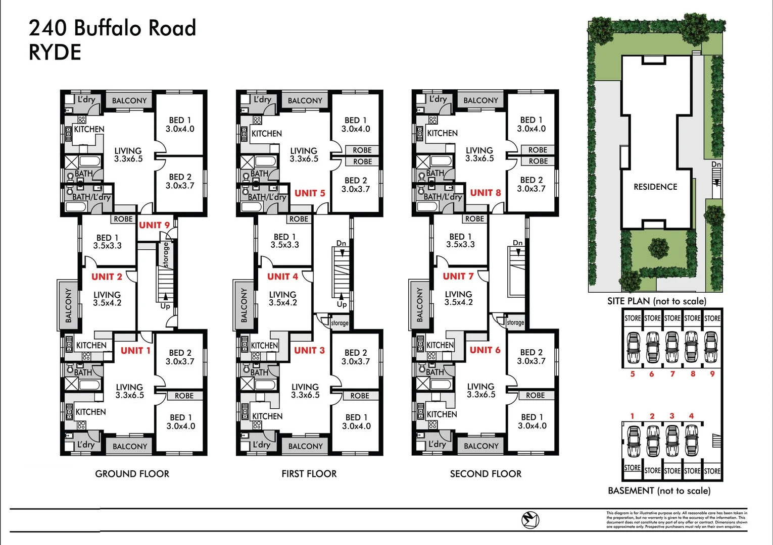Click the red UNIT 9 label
[154, 225]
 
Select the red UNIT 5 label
[310, 193]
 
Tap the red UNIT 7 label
[458, 277]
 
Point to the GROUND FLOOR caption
[132, 474]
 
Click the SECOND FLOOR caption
[486, 474]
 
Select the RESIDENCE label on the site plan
[655, 187]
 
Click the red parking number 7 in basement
[672, 374]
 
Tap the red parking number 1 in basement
[632, 416]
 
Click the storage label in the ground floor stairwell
[166, 255]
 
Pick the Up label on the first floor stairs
[342, 304]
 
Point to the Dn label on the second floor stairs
[518, 243]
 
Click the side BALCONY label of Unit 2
[68, 305]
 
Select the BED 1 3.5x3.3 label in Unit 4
[284, 241]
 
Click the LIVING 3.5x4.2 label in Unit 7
[458, 298]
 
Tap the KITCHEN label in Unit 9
[89, 129]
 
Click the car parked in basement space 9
[711, 347]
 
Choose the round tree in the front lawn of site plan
[658, 248]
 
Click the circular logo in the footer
[530, 519]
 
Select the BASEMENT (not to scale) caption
[659, 490]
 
